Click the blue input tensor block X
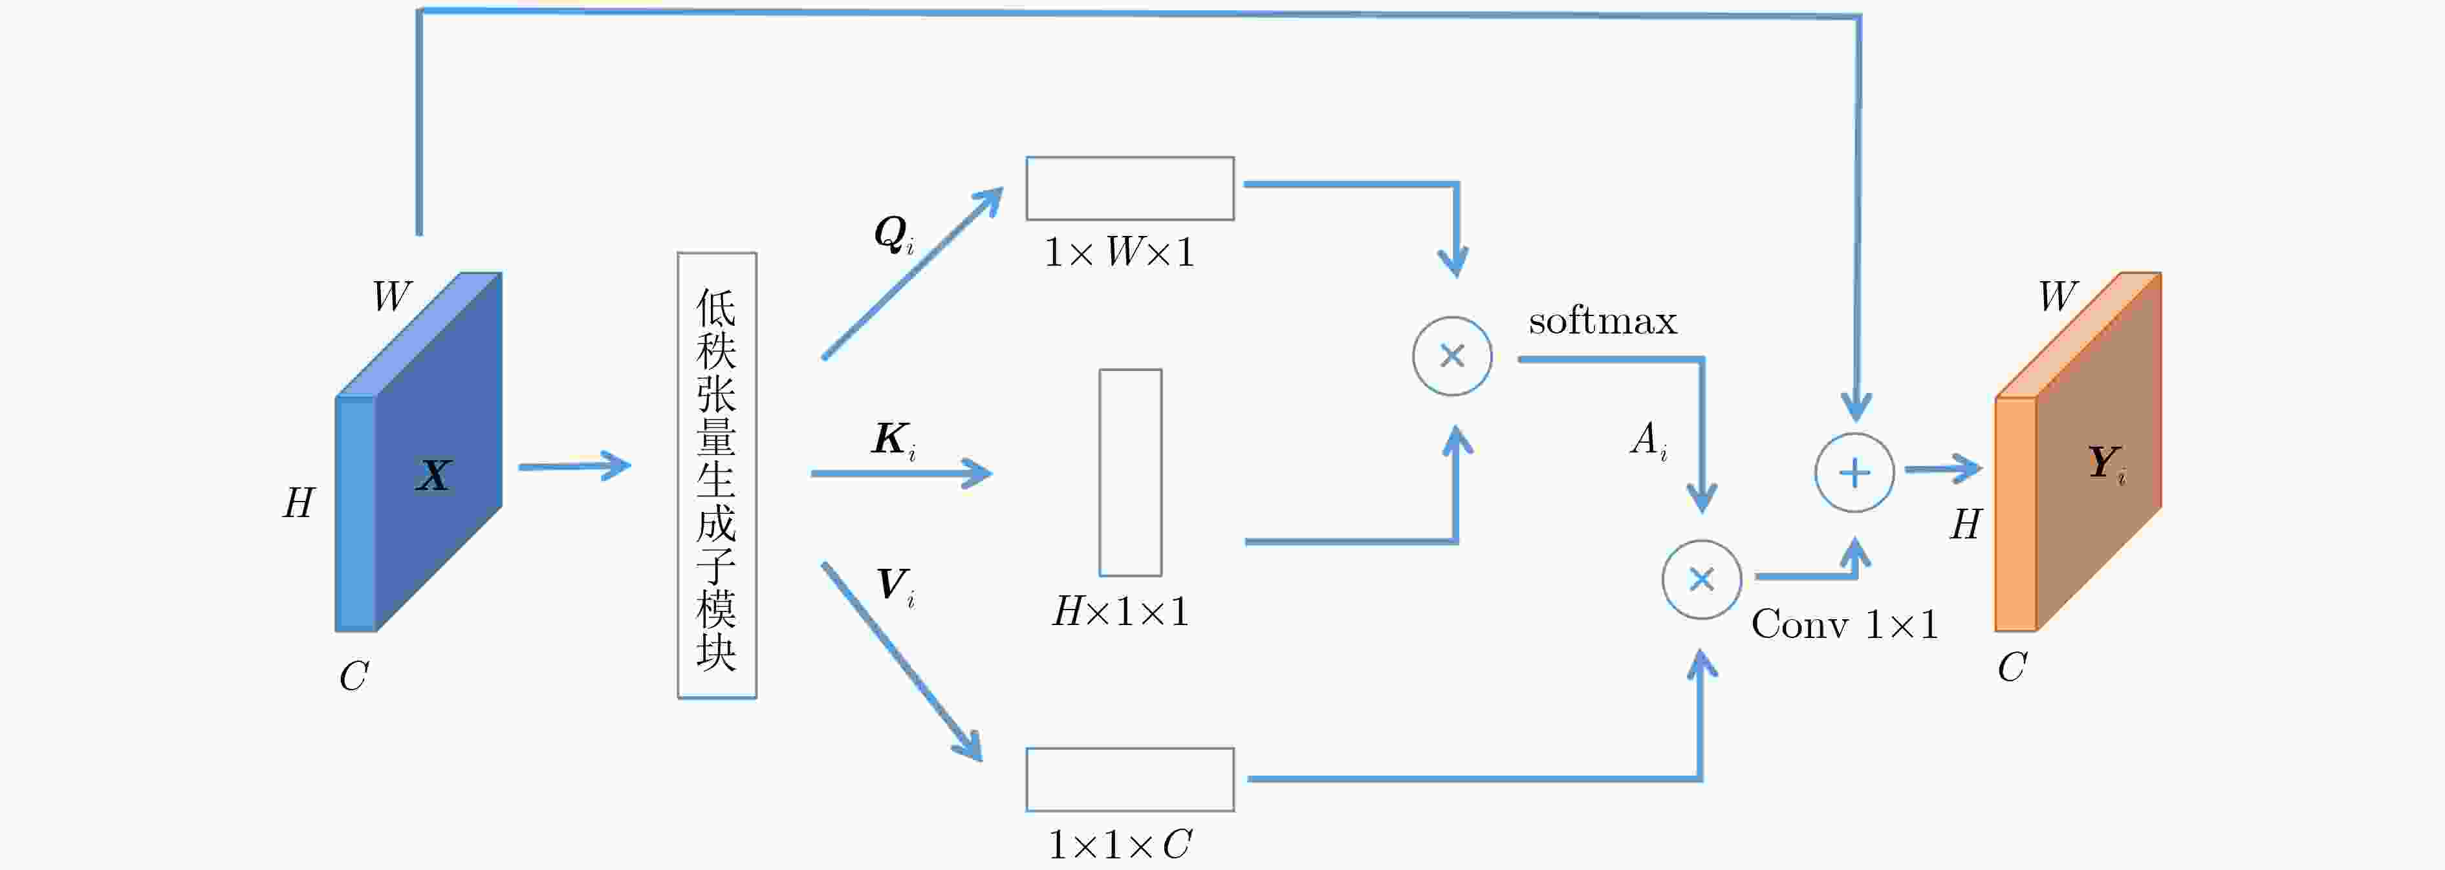418,452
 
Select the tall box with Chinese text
717,475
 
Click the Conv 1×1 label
1844,624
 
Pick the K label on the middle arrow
894,440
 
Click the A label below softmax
1649,440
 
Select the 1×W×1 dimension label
1119,252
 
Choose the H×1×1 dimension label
1120,612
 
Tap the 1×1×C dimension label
1120,844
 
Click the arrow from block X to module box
575,466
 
